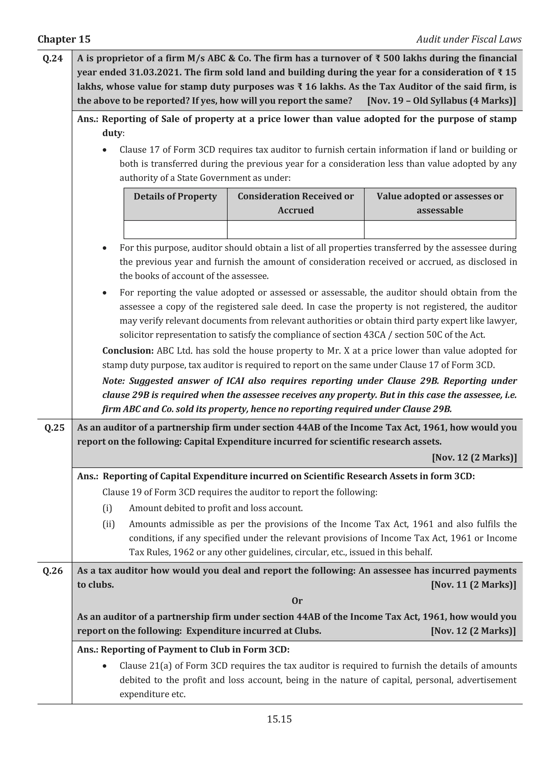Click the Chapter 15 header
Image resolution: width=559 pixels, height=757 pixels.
coord(64,39)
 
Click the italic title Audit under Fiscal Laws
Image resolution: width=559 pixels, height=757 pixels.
coord(469,39)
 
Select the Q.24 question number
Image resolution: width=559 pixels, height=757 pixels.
coord(53,58)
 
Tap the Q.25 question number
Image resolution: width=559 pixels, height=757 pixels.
coord(54,428)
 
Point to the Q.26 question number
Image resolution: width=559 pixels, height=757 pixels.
coord(53,571)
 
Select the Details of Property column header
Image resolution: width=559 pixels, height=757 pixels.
coord(175,196)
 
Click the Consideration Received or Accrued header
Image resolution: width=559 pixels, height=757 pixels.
coord(295,203)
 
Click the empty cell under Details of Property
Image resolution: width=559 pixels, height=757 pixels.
coord(175,230)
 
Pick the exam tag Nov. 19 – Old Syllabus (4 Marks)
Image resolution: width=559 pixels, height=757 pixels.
coord(442,101)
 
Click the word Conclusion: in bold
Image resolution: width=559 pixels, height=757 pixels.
coord(128,350)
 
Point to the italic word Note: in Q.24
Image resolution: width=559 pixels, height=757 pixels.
coord(114,381)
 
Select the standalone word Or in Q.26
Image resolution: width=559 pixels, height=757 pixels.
coord(297,601)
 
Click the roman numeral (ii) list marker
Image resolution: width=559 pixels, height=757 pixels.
coord(109,524)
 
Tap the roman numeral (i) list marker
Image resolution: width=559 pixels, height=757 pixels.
coord(107,508)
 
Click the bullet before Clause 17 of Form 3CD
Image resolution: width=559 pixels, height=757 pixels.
coord(105,150)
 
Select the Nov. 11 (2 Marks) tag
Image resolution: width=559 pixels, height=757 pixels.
coord(473,585)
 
